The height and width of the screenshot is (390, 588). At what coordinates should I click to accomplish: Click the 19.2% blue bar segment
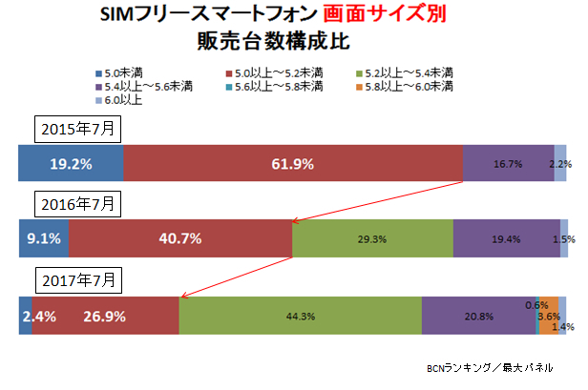click(71, 163)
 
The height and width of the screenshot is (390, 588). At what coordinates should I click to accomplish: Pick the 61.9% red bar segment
click(292, 163)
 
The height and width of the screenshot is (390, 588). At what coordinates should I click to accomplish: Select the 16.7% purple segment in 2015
click(508, 163)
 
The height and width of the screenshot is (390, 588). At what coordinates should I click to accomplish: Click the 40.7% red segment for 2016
click(179, 239)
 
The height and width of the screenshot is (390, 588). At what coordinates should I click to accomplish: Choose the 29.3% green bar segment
click(372, 239)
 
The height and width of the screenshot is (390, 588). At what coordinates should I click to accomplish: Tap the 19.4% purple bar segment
click(506, 239)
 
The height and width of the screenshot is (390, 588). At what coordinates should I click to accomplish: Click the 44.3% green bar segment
click(300, 317)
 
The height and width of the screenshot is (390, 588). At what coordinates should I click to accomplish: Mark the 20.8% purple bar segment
click(478, 317)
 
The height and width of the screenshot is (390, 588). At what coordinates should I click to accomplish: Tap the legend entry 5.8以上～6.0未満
click(403, 87)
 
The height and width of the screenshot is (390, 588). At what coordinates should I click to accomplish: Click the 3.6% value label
click(549, 316)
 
